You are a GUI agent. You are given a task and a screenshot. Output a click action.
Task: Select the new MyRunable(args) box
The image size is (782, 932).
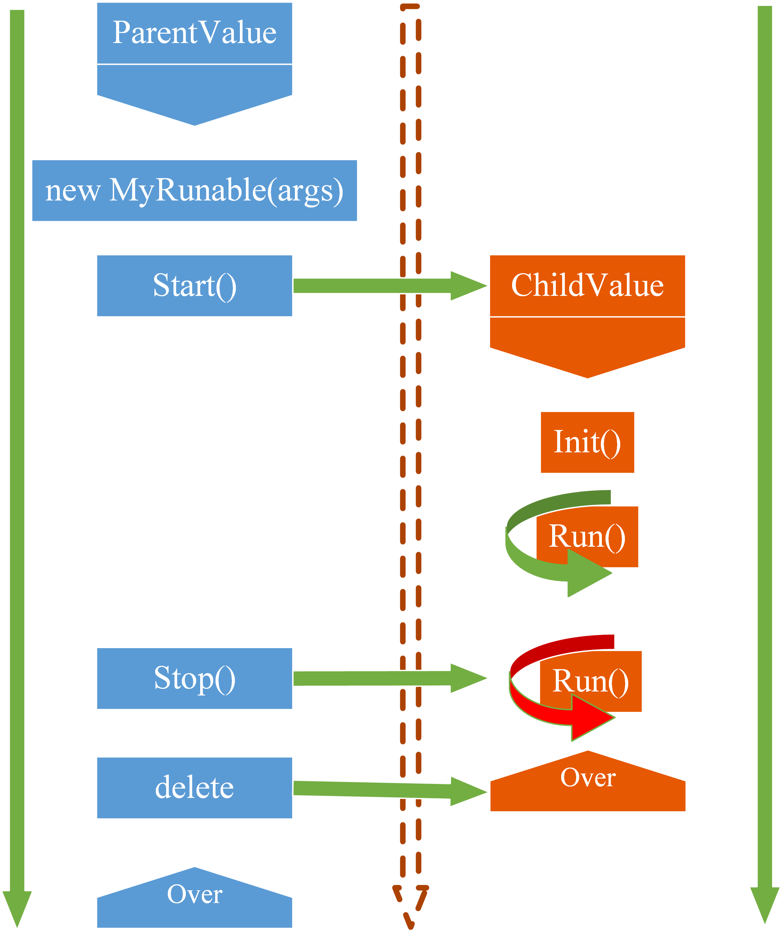194,190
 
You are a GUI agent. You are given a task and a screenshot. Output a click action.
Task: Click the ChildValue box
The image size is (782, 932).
587,285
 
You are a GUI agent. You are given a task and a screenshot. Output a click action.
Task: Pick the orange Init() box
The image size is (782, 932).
587,442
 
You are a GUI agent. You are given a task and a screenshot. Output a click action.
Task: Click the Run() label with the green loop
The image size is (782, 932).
587,536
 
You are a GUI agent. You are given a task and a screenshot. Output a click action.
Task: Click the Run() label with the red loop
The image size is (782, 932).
590,681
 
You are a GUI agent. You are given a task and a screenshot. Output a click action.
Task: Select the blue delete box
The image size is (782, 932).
194,788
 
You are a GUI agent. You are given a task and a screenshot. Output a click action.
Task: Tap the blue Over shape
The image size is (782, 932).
194,901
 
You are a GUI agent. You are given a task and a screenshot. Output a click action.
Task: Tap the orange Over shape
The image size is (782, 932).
588,783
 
